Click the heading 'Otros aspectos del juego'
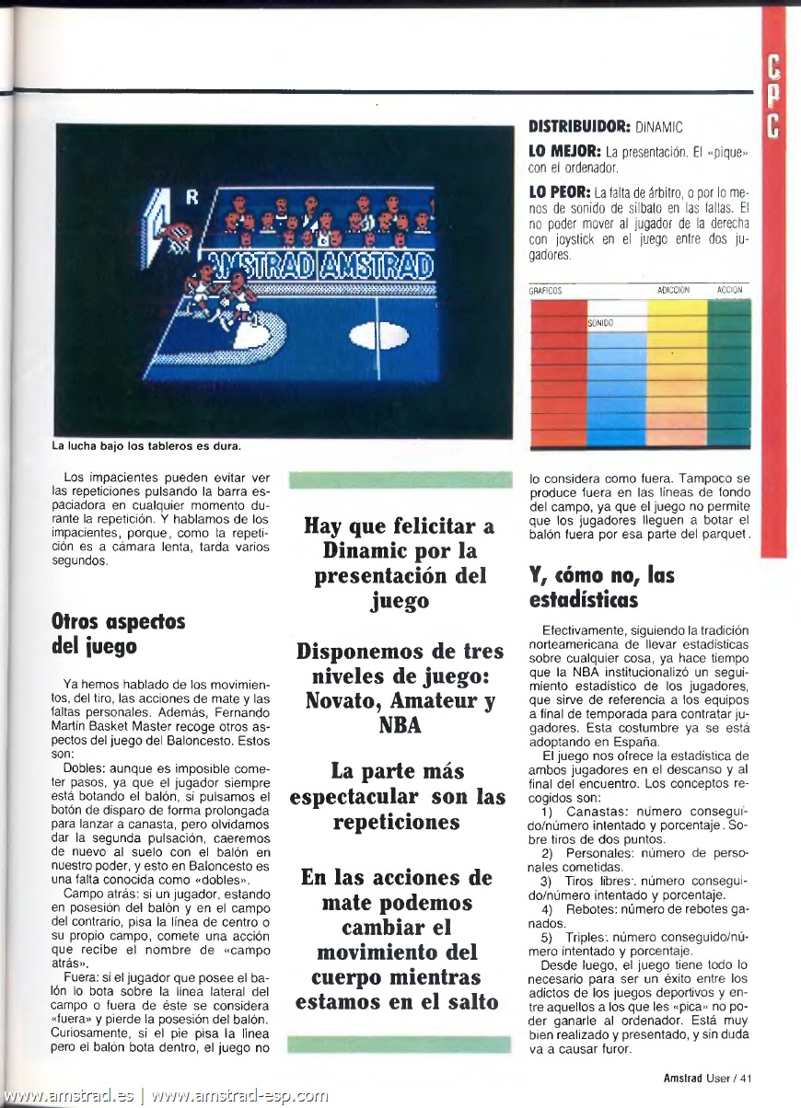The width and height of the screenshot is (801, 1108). click(119, 633)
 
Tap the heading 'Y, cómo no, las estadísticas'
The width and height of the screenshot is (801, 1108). click(601, 587)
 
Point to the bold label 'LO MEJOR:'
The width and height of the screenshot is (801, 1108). click(564, 150)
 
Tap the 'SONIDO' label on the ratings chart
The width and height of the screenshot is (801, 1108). click(600, 323)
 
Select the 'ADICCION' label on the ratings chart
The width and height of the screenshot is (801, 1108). click(674, 291)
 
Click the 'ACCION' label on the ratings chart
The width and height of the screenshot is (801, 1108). click(729, 291)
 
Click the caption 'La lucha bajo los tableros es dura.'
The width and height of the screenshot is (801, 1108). click(146, 447)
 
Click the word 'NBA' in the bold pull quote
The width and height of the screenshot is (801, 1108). click(399, 724)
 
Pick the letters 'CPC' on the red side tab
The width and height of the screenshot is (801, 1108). click(773, 93)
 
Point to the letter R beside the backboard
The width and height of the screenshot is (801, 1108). click(192, 196)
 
